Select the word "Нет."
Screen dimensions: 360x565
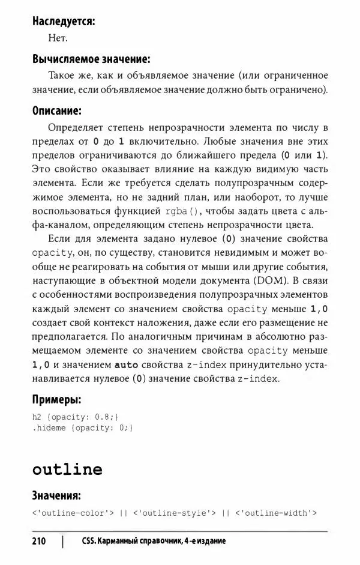(58, 38)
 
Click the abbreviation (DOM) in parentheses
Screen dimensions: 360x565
(258, 280)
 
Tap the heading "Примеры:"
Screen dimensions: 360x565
(57, 399)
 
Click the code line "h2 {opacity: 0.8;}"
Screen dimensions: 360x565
(76, 416)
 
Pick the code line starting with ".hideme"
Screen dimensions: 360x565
(82, 428)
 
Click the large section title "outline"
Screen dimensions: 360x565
(67, 470)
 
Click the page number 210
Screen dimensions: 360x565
(39, 542)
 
